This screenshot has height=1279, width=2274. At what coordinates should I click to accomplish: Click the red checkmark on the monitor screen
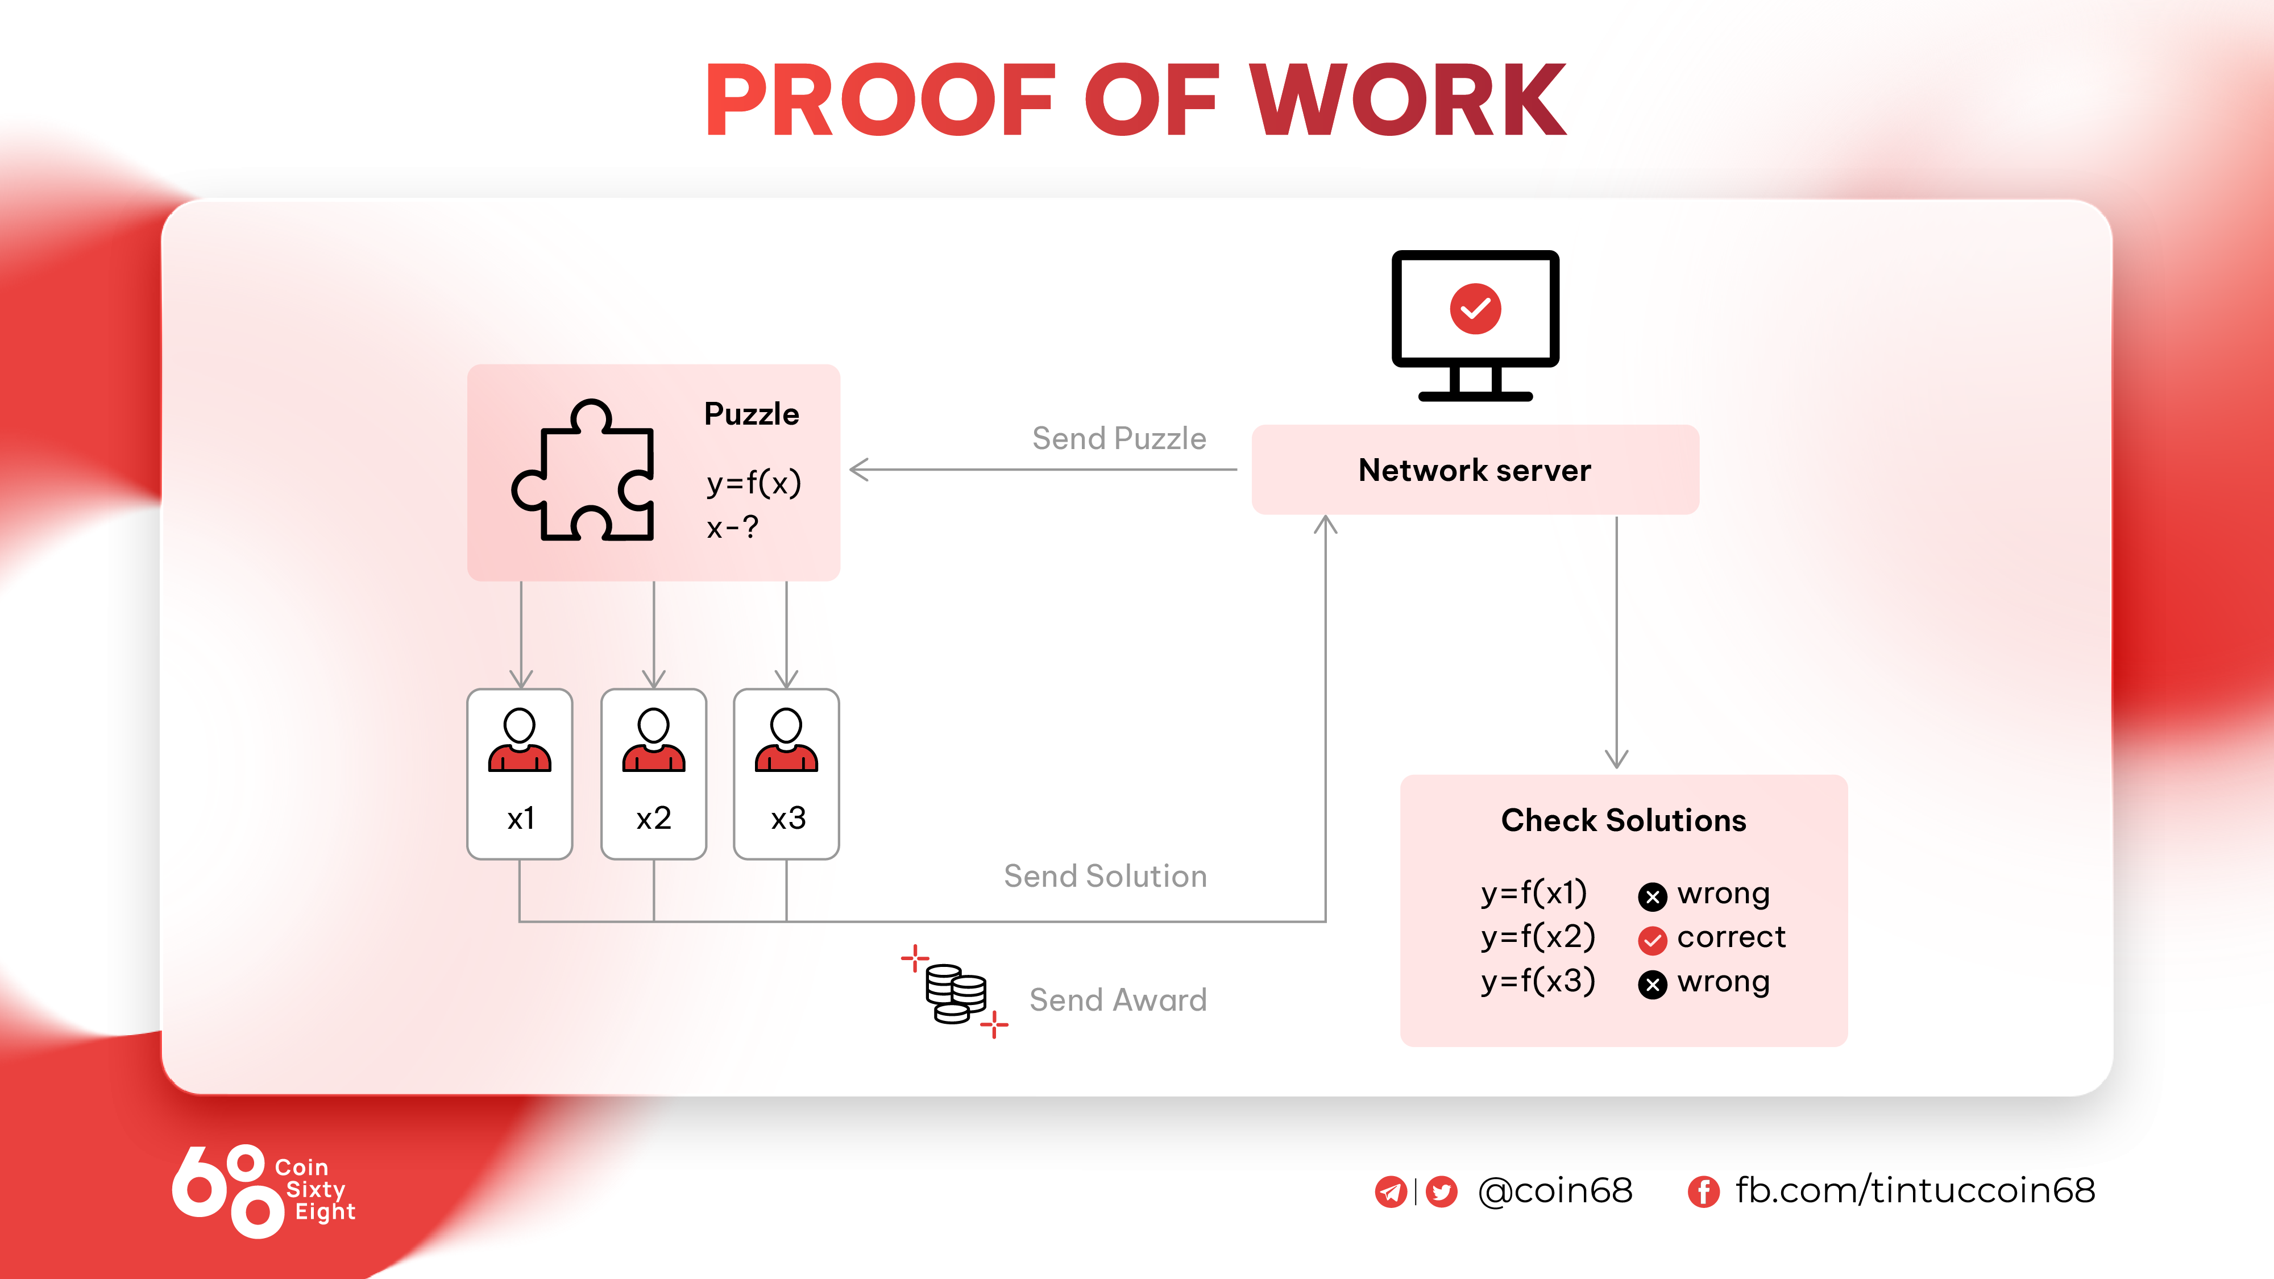point(1475,309)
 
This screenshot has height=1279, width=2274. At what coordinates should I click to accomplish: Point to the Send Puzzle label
point(1118,439)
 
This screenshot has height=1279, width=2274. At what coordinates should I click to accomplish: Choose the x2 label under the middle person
point(654,818)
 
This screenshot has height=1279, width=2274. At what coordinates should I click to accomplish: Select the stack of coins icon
point(955,994)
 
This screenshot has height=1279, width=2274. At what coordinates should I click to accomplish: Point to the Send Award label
point(1118,1000)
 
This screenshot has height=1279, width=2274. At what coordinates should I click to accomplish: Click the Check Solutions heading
point(1624,820)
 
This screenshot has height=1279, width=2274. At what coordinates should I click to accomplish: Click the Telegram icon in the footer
point(1391,1191)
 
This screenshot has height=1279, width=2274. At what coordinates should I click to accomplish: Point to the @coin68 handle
point(1555,1191)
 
